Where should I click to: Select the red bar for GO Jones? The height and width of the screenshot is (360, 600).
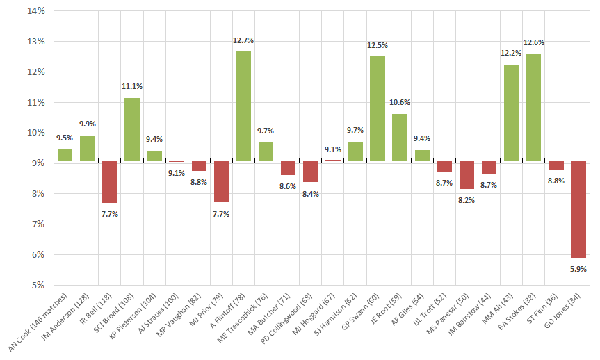(577, 209)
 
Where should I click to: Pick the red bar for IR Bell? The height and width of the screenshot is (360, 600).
(109, 182)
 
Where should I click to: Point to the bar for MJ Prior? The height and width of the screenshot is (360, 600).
(221, 182)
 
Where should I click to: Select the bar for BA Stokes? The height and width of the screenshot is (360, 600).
(533, 108)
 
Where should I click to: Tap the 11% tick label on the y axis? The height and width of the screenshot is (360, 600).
(36, 102)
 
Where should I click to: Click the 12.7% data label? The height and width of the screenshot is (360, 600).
(243, 41)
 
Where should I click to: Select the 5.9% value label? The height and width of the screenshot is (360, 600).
(577, 269)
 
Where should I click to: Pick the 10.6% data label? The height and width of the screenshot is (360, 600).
(399, 103)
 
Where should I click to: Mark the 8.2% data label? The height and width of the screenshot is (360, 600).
(466, 200)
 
